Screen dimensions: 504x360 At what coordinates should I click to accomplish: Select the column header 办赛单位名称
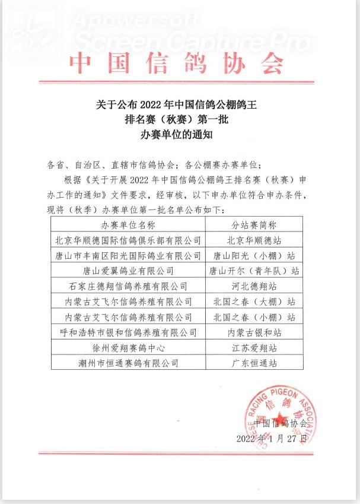pos(128,225)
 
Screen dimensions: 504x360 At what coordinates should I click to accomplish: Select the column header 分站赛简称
pos(253,225)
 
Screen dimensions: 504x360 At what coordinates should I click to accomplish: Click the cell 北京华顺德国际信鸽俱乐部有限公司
pos(128,240)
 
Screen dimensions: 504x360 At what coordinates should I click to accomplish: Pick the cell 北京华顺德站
pos(253,240)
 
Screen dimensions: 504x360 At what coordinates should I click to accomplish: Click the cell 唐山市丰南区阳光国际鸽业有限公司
pos(128,256)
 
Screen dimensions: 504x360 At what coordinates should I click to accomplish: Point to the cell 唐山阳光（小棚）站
pos(253,256)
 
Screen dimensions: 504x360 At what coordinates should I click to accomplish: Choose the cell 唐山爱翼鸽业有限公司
pos(128,271)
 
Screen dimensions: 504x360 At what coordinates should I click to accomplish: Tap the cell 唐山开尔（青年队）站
pos(253,271)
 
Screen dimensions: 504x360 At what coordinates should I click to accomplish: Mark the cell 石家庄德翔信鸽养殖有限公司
pos(128,287)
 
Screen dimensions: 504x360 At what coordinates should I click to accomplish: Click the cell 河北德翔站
pos(253,287)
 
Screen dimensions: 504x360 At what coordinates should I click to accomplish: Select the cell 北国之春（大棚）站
pos(253,302)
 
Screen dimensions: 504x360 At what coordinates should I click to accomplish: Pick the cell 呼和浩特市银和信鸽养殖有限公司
pos(128,332)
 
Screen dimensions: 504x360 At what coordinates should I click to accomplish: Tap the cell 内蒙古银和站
pos(253,332)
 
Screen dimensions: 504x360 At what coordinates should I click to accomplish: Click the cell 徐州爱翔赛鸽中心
pos(128,348)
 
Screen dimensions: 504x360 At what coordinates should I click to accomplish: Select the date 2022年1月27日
pos(272,439)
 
